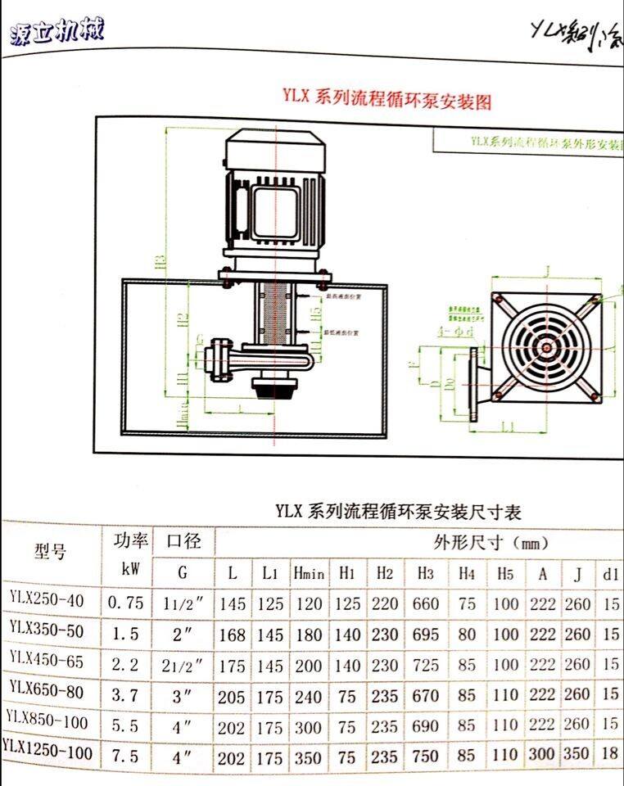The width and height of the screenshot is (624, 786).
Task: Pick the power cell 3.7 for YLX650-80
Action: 126,693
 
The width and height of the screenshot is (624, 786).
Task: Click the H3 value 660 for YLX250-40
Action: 426,604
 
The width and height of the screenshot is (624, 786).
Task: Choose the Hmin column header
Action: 308,573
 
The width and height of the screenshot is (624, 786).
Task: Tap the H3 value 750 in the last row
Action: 426,756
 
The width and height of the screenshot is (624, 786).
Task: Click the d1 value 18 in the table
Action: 611,753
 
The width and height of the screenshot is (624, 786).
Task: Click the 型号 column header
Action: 51,551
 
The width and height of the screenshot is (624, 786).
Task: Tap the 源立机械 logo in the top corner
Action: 57,32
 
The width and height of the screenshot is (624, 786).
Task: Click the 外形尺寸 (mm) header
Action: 490,542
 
